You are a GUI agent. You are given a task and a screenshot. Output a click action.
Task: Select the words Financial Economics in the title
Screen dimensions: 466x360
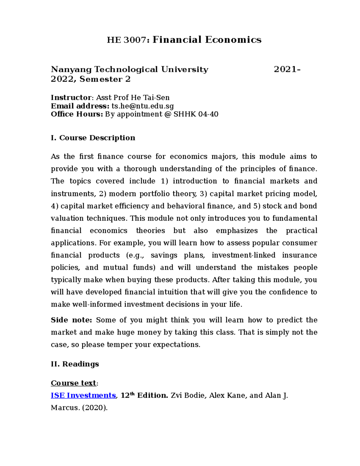click(x=207, y=40)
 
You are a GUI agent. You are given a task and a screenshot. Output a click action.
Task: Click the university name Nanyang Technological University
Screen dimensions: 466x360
click(x=130, y=69)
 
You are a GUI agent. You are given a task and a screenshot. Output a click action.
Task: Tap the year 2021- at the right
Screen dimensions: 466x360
click(x=287, y=69)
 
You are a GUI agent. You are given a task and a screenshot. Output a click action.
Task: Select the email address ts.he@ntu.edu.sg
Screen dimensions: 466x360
click(x=142, y=106)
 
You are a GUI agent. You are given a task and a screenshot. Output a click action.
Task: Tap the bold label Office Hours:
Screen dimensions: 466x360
click(x=77, y=114)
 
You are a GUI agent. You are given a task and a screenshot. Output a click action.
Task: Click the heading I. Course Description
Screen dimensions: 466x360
click(x=93, y=138)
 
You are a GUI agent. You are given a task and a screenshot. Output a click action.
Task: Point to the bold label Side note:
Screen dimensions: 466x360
click(x=71, y=320)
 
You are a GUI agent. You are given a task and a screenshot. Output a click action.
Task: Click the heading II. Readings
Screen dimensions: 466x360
click(x=75, y=364)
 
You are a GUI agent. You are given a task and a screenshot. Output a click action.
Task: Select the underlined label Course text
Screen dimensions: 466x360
click(x=73, y=383)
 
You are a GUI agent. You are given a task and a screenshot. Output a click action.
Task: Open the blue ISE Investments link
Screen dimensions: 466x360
click(x=83, y=395)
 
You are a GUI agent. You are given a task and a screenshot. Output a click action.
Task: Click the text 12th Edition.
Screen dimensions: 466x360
click(x=144, y=395)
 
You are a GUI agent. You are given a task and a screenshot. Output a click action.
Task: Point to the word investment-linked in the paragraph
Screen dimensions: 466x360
click(x=243, y=255)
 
